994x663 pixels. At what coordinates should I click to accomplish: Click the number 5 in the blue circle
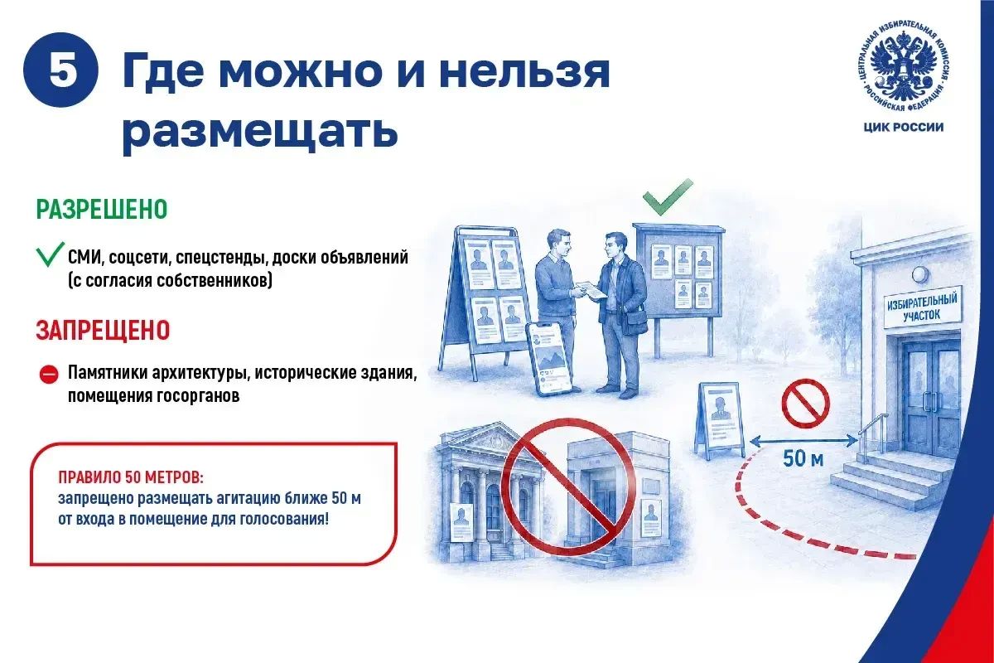click(x=61, y=70)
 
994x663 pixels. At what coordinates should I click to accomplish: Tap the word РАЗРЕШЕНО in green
click(x=102, y=209)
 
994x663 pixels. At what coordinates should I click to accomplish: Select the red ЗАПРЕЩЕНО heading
click(x=103, y=330)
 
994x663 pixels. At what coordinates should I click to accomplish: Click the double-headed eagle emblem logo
click(x=904, y=71)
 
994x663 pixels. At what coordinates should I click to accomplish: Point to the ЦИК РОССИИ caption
click(x=904, y=128)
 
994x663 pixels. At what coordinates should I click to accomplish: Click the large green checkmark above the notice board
click(x=668, y=196)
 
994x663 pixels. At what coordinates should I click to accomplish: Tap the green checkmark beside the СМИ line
click(x=50, y=254)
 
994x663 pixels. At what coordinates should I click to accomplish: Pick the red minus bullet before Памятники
click(x=49, y=374)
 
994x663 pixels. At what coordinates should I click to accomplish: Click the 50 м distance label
click(x=803, y=459)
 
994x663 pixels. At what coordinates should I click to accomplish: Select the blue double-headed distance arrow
click(x=803, y=441)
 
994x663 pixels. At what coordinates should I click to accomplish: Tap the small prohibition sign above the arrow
click(x=805, y=404)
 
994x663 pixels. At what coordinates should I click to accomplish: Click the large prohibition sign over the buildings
click(x=568, y=486)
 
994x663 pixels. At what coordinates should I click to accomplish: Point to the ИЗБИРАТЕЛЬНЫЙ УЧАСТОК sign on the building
click(x=922, y=307)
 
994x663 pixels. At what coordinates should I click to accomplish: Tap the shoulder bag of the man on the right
click(x=635, y=321)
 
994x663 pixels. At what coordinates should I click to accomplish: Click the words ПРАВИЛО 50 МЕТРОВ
click(x=131, y=477)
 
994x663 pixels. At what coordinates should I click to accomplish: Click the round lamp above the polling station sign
click(x=921, y=275)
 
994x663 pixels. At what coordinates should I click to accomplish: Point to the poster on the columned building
click(x=461, y=523)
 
